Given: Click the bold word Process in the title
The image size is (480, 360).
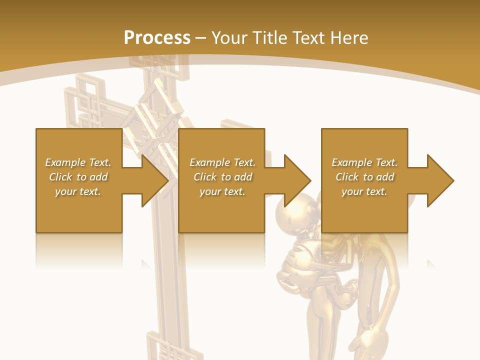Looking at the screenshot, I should click(x=157, y=38).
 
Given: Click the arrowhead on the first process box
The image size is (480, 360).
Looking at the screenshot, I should click(x=152, y=180).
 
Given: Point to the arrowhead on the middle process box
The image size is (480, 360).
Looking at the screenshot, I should click(x=295, y=180).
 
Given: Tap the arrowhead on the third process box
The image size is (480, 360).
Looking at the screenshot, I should click(x=438, y=180).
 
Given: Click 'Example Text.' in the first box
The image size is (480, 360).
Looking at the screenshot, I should click(x=78, y=162).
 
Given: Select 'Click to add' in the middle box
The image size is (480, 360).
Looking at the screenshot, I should click(x=223, y=177).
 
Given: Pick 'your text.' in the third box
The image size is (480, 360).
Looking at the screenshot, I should click(x=364, y=191).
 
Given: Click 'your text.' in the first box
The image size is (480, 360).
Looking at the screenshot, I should click(x=78, y=191).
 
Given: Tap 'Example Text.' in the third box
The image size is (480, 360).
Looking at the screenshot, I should click(x=364, y=162).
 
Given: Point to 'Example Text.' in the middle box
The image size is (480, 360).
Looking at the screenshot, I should click(x=223, y=162).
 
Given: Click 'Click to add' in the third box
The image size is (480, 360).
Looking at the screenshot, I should click(x=364, y=177).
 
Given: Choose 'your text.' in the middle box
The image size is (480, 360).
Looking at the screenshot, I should click(x=223, y=191).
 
